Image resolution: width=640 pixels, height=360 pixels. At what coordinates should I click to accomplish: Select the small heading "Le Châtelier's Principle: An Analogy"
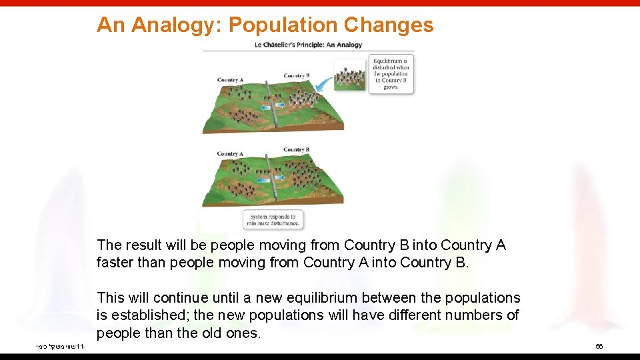click(308, 45)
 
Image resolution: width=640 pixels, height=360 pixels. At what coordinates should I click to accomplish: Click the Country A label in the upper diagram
click(230, 80)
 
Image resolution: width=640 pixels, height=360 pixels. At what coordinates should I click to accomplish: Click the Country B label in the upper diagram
click(297, 75)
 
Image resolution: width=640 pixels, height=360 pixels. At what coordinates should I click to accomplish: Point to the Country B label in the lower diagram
click(295, 149)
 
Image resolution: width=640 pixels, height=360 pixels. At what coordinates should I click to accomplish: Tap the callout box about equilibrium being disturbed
click(391, 74)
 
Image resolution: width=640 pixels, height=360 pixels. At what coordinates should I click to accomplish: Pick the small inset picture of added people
click(350, 75)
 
